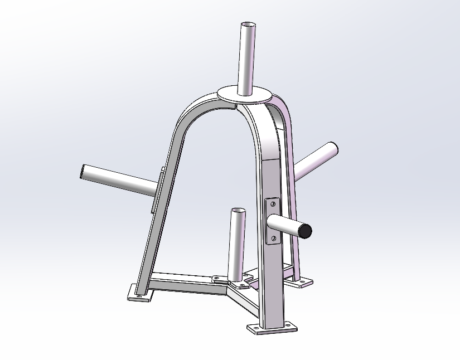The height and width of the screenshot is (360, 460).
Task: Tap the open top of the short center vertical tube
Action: coord(237,211)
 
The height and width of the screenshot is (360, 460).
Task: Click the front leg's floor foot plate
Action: coord(272,329)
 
